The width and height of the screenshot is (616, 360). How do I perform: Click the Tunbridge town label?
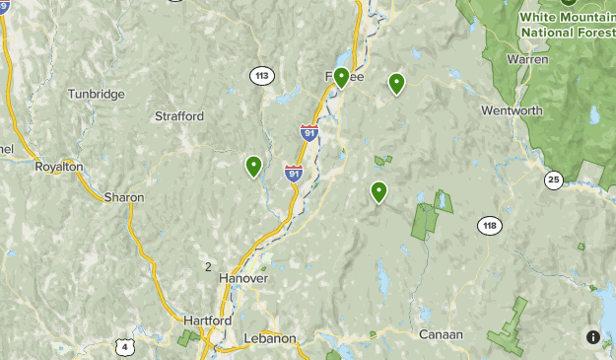click(96, 94)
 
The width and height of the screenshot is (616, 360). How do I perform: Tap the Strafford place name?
click(179, 116)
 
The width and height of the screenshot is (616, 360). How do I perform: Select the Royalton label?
click(58, 168)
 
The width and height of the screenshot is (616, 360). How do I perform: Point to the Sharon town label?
click(123, 197)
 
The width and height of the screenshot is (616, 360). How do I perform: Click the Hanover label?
click(242, 279)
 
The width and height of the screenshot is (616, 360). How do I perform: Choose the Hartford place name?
click(207, 322)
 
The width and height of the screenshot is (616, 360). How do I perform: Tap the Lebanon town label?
click(269, 338)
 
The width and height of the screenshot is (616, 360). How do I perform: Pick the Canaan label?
click(441, 334)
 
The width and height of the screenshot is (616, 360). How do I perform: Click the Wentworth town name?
click(512, 110)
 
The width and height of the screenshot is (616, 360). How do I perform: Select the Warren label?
click(527, 59)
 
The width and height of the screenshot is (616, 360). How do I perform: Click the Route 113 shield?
click(261, 75)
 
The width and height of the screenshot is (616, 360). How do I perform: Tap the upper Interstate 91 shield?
click(309, 132)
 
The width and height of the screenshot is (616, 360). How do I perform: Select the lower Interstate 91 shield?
click(293, 174)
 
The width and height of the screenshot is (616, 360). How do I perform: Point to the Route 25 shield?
click(553, 179)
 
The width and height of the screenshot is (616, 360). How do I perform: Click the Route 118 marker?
click(490, 226)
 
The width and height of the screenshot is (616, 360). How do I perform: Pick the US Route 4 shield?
click(123, 346)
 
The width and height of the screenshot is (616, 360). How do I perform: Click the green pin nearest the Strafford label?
click(253, 167)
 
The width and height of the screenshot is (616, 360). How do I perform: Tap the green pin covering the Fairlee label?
click(341, 77)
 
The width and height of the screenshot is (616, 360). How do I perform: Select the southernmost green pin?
click(378, 191)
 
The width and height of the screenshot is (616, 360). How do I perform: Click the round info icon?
click(592, 337)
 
